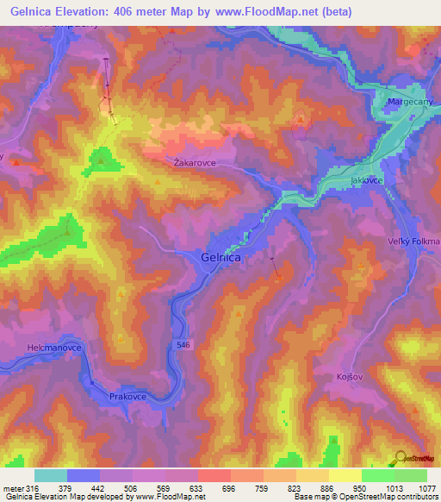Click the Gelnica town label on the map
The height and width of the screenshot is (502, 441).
click(x=220, y=257)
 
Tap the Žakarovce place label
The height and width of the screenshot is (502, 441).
click(x=194, y=161)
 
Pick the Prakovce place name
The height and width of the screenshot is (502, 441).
click(x=127, y=396)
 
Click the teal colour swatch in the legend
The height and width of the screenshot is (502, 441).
click(x=50, y=475)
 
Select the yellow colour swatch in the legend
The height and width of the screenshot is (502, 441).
click(x=345, y=475)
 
